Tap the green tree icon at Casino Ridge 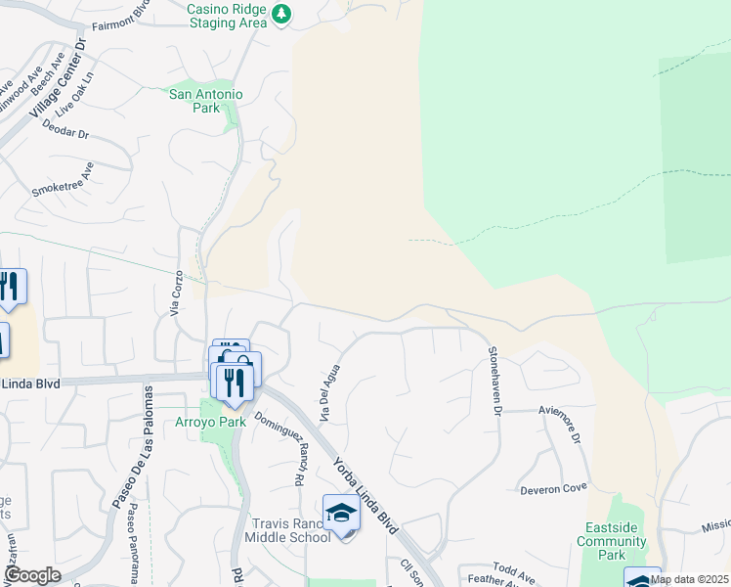[x=281, y=14]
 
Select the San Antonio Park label [x=206, y=102]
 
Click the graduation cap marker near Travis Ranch [x=341, y=513]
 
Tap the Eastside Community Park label [x=612, y=541]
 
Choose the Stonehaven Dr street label [x=494, y=381]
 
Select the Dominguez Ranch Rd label [x=277, y=448]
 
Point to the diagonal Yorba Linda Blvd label [x=365, y=495]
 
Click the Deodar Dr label [x=66, y=135]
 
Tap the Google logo [x=32, y=575]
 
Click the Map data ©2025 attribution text [x=690, y=579]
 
